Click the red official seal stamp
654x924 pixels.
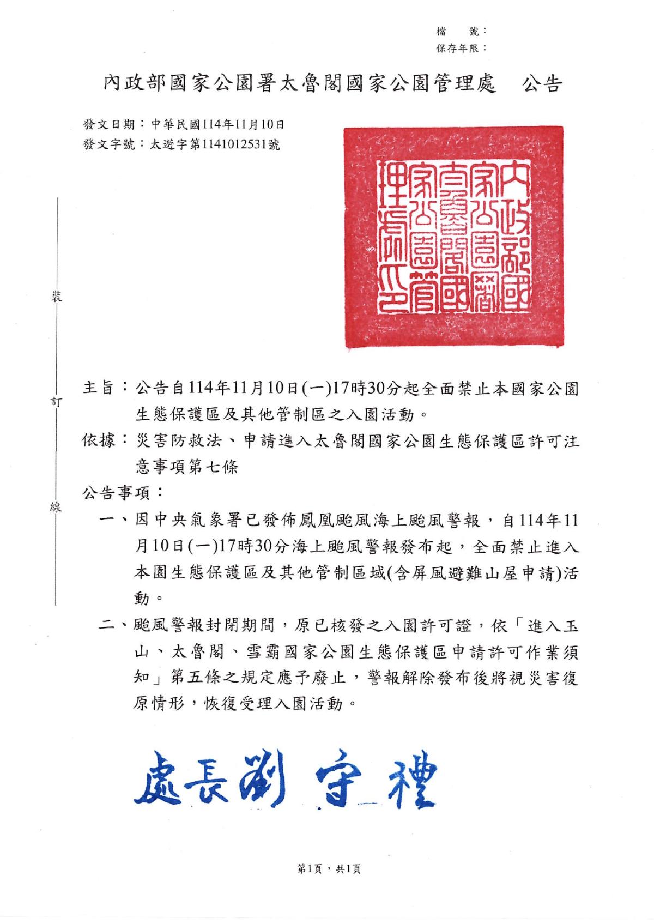453,236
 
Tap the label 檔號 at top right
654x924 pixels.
462,32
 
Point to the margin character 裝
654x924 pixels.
56,297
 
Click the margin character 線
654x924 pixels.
56,507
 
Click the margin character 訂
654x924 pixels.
56,402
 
